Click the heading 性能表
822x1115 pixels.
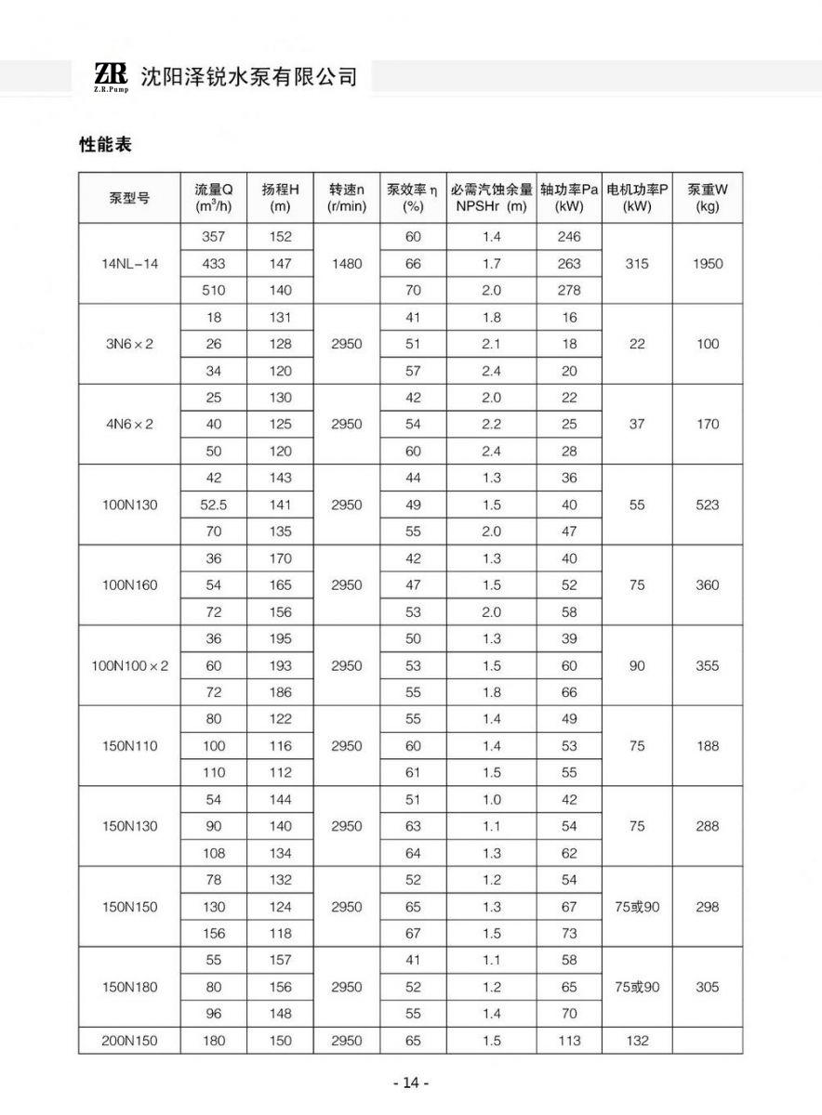pos(105,146)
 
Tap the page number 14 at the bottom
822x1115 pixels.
pos(411,1083)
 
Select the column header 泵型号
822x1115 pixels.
pos(130,197)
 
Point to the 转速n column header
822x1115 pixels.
pos(346,197)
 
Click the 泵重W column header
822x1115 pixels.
pos(708,197)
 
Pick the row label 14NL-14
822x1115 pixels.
pos(130,264)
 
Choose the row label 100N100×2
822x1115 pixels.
pos(130,666)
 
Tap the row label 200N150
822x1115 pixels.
pos(130,1041)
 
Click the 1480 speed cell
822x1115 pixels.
pos(346,264)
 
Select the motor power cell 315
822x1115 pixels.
pos(637,264)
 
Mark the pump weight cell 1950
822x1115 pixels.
pos(708,264)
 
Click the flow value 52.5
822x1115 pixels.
pos(213,505)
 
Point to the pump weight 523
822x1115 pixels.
pos(708,505)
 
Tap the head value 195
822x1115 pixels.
pos(280,639)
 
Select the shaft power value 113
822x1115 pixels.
pos(569,1041)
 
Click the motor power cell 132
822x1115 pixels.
pos(637,1041)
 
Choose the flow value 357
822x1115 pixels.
pos(213,237)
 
